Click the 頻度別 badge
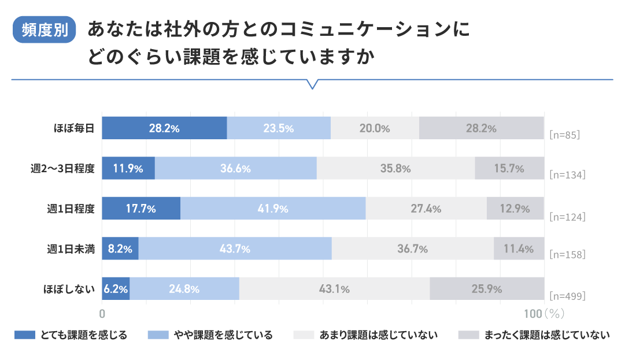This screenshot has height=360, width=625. (45, 31)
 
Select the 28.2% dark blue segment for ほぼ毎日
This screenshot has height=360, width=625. (164, 128)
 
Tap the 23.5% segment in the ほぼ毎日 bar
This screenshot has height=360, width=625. (279, 128)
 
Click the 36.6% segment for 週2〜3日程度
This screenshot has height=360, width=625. (235, 168)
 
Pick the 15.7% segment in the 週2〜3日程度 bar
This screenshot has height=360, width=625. (509, 168)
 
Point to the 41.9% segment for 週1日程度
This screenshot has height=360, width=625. (273, 209)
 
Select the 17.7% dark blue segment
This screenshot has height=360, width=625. (141, 209)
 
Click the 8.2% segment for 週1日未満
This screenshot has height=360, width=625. (120, 249)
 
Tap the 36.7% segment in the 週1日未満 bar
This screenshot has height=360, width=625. (412, 249)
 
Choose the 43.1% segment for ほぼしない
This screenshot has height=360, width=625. (334, 289)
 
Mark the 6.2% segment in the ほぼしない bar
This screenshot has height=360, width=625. (116, 289)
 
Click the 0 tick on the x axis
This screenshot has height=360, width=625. (102, 314)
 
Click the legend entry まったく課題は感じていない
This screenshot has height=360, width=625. (534, 335)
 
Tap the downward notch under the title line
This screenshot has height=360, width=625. (312, 84)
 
